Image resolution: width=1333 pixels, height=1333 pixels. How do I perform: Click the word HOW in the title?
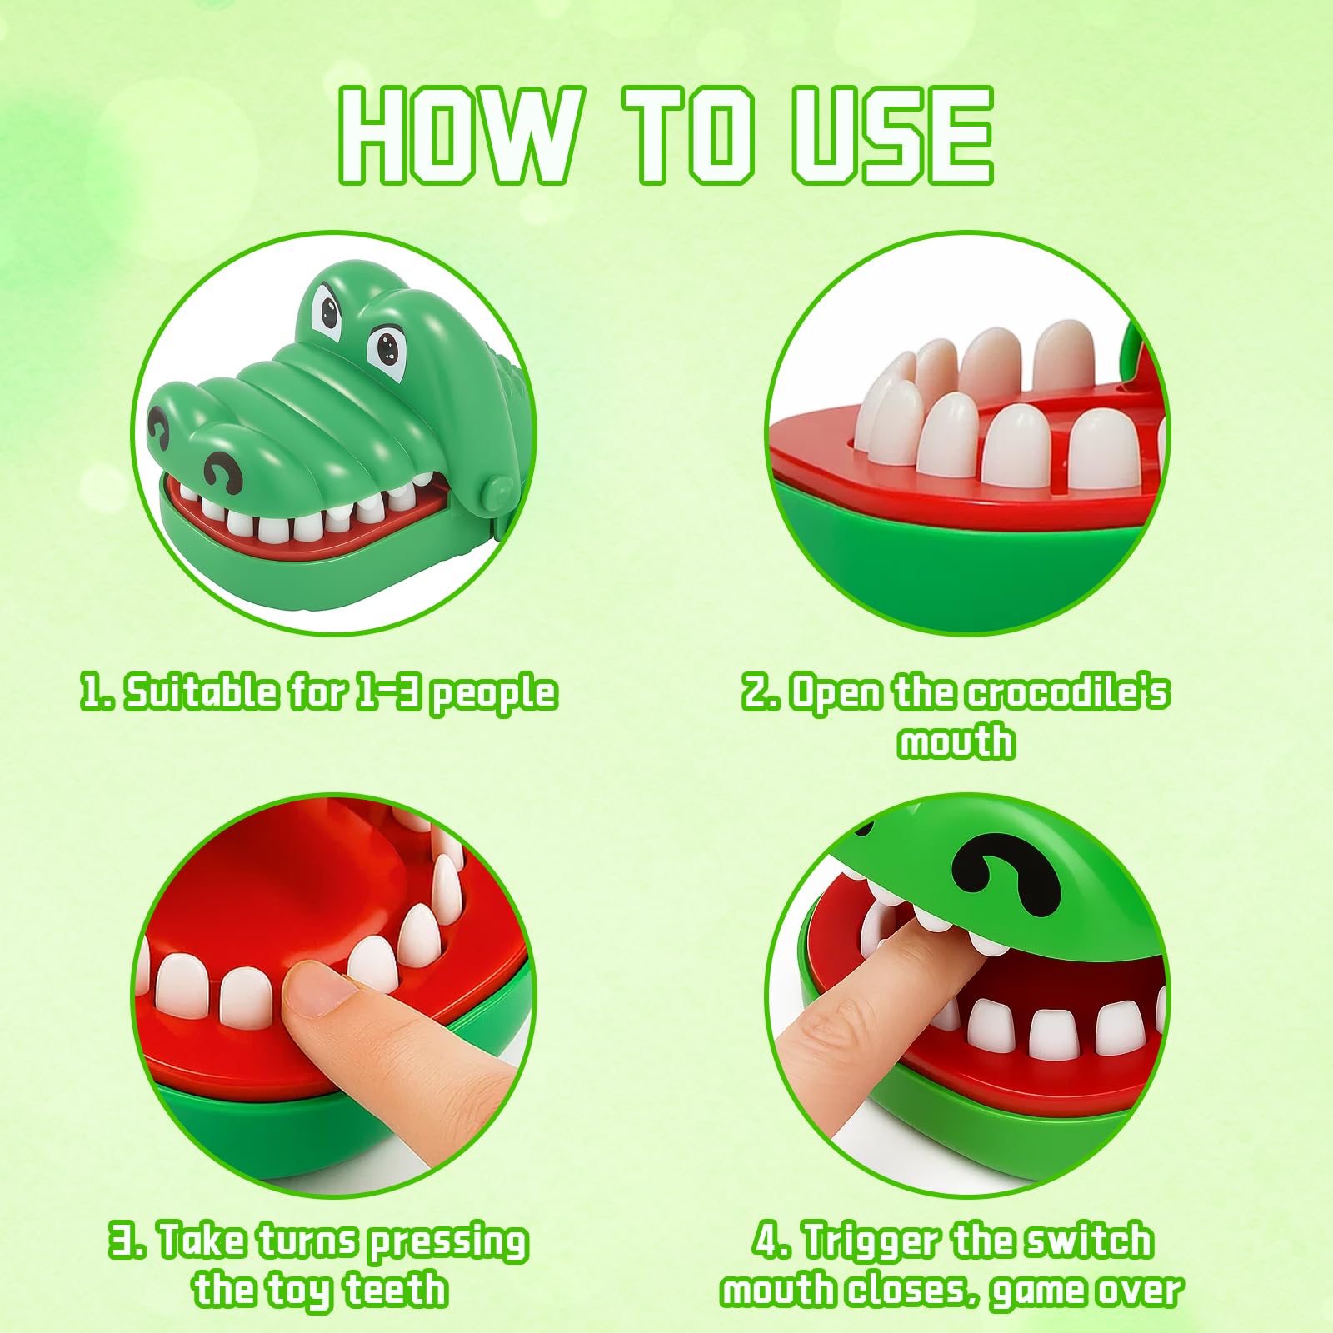click(x=457, y=134)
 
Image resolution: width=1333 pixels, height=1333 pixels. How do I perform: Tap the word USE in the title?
click(x=892, y=134)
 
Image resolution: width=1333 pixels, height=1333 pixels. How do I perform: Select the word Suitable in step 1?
click(x=201, y=692)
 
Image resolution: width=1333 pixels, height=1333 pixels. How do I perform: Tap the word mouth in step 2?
click(x=956, y=741)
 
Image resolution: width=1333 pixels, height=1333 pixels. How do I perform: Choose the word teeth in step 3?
click(x=396, y=1290)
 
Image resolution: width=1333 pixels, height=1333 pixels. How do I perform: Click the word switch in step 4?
click(x=1088, y=1241)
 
